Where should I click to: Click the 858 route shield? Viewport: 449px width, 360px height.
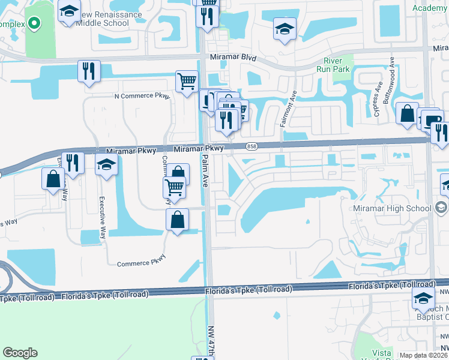coord(251,146)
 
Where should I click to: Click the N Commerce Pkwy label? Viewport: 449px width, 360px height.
coord(142,95)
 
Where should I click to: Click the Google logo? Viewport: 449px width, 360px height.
coord(20,353)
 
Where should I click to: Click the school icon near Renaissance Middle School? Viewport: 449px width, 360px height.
coord(70,11)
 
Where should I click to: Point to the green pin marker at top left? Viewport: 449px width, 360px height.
coord(35,24)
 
